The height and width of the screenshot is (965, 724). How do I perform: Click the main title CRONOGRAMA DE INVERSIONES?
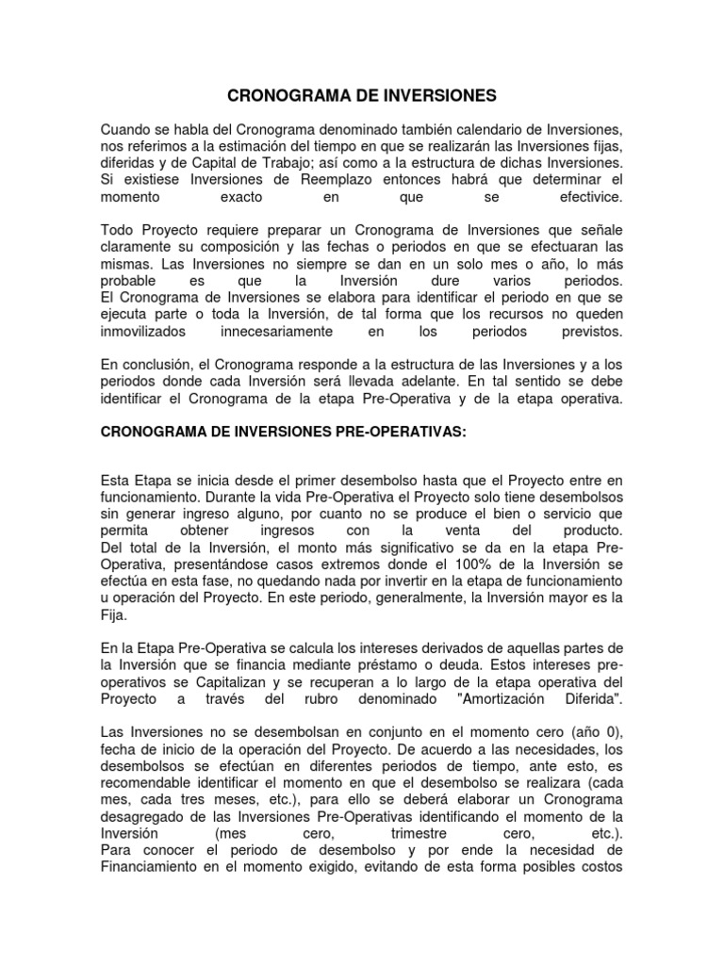pyautogui.click(x=362, y=95)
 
